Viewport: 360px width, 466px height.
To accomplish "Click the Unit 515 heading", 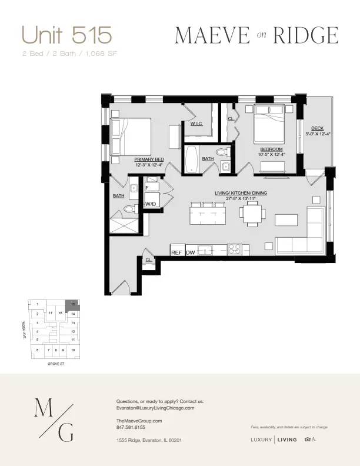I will [x=66, y=35].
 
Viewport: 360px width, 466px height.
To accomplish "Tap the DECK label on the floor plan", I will [x=318, y=128].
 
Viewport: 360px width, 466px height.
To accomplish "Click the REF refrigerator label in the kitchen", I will [x=176, y=252].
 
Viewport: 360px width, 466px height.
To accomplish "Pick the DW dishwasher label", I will [x=191, y=252].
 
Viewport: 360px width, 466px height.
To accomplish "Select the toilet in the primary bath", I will [x=131, y=208].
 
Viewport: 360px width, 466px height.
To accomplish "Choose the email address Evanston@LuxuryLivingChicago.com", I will [x=155, y=408].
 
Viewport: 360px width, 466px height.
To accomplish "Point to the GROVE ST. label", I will [x=55, y=365].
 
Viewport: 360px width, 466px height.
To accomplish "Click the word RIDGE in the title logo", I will [x=309, y=36].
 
